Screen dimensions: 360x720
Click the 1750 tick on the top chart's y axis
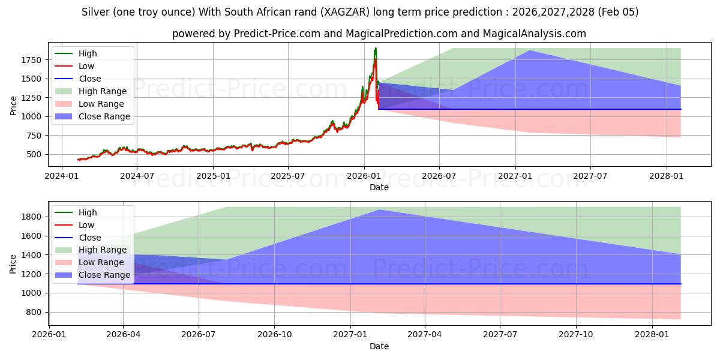[x=32, y=60]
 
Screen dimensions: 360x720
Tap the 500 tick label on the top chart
[x=34, y=154]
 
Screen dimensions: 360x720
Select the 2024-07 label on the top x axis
[x=137, y=175]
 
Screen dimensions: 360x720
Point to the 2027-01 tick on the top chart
[x=515, y=175]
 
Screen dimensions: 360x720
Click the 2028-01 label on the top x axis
[x=667, y=175]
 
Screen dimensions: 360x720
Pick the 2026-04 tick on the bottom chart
[x=123, y=334]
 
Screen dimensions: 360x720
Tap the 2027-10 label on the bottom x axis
[x=576, y=334]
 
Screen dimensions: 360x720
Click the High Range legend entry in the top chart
[x=103, y=91]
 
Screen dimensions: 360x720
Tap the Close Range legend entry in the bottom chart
[x=104, y=275]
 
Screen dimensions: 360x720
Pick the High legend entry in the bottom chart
[x=88, y=212]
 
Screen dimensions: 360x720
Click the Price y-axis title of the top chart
[x=13, y=104]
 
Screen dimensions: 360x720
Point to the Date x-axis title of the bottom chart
[x=379, y=346]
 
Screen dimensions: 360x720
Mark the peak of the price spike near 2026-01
[x=376, y=48]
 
